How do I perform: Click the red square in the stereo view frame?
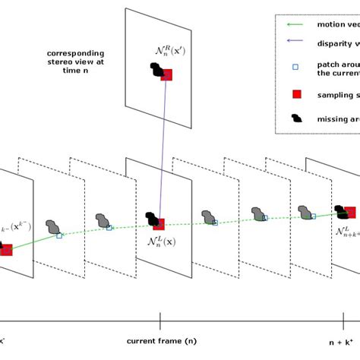point(166,74)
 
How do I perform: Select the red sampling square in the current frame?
point(159,223)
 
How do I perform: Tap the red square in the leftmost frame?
point(6,248)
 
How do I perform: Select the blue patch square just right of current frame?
point(215,223)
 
